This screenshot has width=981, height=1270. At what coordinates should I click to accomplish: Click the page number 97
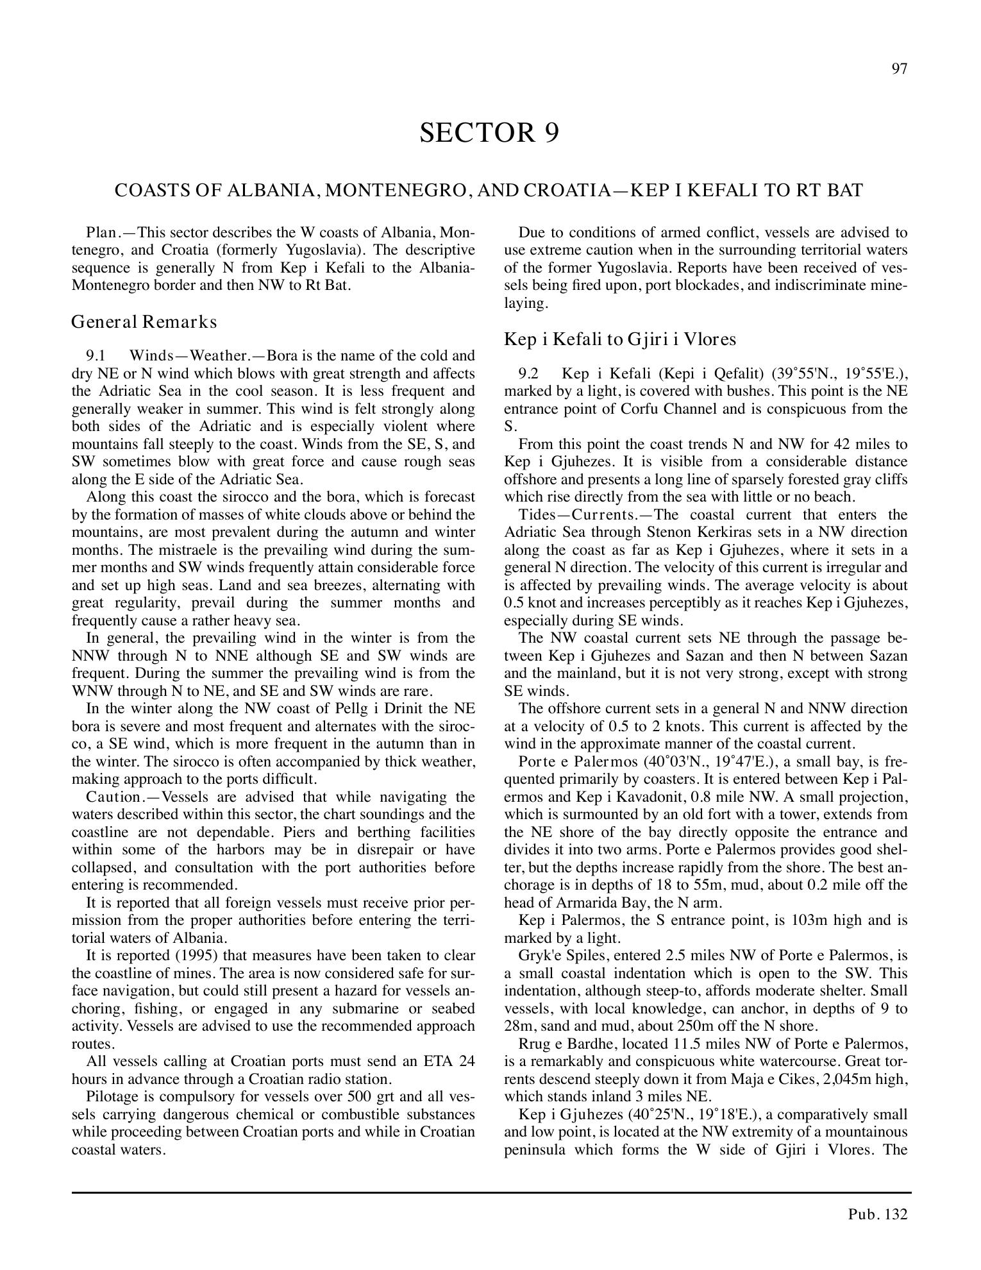click(x=899, y=69)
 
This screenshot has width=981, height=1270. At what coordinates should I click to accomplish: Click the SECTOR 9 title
click(x=489, y=133)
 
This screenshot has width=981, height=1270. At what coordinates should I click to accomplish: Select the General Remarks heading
click(x=144, y=321)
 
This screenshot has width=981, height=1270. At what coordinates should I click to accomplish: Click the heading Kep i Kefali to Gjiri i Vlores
click(x=620, y=339)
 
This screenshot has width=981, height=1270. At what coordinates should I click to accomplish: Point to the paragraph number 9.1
click(x=96, y=356)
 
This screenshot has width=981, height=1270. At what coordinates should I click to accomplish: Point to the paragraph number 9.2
click(x=528, y=374)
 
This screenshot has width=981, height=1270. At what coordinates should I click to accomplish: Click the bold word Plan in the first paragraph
click(x=100, y=232)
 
